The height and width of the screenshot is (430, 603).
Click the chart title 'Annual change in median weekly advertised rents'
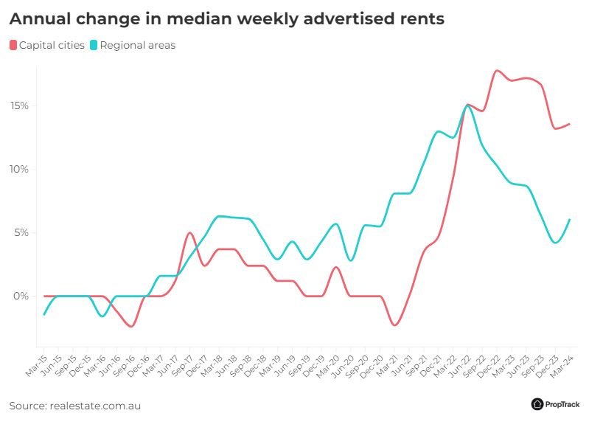[226, 19]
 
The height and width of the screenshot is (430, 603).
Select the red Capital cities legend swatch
[13, 46]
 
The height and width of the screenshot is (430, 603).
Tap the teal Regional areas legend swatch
[94, 46]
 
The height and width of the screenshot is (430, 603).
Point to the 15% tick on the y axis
[20, 105]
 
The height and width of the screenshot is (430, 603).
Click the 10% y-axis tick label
[20, 169]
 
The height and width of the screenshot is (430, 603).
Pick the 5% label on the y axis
[21, 232]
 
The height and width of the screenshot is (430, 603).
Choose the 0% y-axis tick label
[21, 296]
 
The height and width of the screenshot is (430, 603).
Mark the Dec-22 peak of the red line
[497, 71]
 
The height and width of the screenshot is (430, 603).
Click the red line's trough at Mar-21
[395, 325]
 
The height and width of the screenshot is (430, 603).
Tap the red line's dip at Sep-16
[131, 326]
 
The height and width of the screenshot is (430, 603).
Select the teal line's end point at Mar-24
[569, 219]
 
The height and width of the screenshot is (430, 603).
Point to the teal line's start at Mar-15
[45, 314]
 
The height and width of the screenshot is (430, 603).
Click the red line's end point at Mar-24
[569, 124]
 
